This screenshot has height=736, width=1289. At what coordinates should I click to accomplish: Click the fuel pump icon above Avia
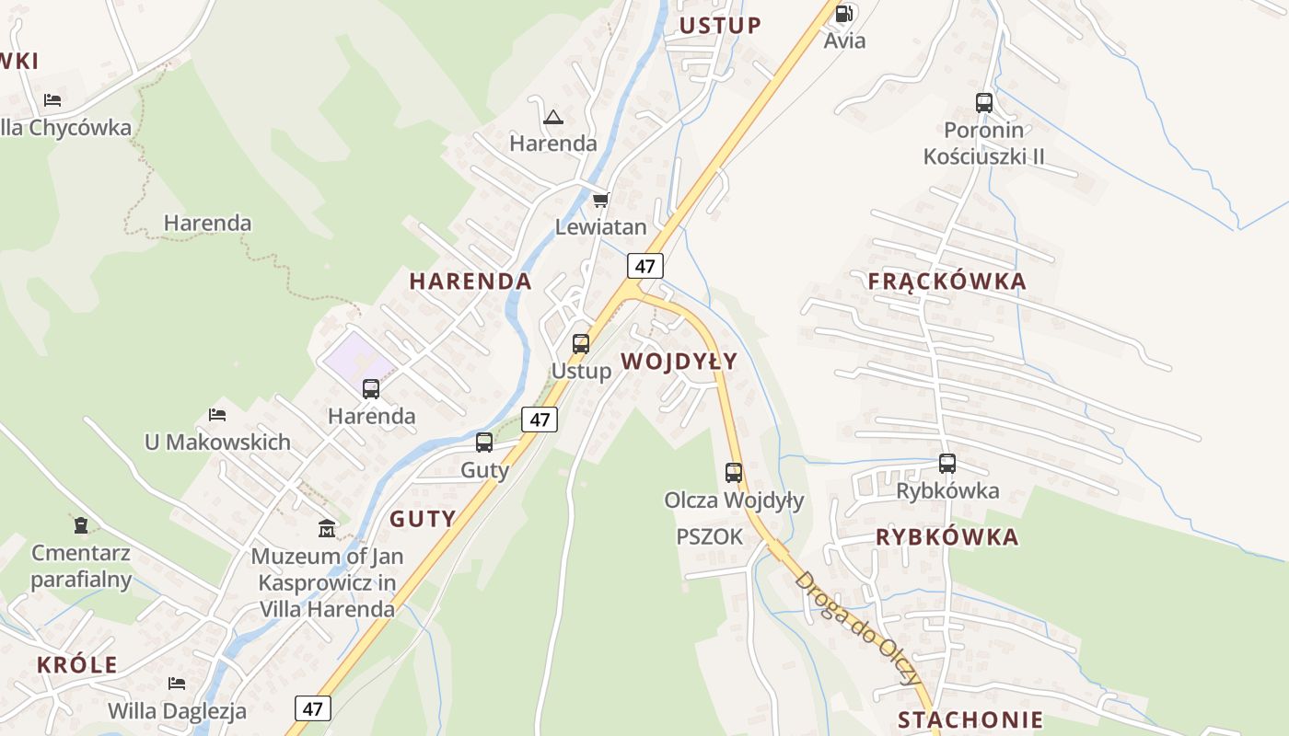pyautogui.click(x=843, y=14)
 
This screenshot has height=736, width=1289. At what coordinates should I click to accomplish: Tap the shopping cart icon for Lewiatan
pyautogui.click(x=600, y=200)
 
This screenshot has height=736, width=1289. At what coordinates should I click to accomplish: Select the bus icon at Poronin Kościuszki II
pyautogui.click(x=984, y=103)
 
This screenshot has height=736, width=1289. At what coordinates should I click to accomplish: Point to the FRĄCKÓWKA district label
pyautogui.click(x=946, y=282)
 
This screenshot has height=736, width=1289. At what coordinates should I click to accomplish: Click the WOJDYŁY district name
pyautogui.click(x=679, y=362)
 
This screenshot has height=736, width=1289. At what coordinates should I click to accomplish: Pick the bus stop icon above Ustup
pyautogui.click(x=581, y=344)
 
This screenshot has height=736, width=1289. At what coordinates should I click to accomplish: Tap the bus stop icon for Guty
pyautogui.click(x=484, y=443)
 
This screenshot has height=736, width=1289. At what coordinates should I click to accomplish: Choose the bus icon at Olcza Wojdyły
pyautogui.click(x=734, y=473)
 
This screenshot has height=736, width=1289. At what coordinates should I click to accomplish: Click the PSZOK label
pyautogui.click(x=709, y=537)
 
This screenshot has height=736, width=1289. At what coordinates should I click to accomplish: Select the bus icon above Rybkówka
pyautogui.click(x=947, y=464)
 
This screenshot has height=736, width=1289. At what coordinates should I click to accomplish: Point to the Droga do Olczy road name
pyautogui.click(x=856, y=629)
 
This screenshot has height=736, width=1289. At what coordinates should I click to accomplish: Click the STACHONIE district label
pyautogui.click(x=970, y=719)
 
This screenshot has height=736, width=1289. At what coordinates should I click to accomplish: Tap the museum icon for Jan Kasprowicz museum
pyautogui.click(x=327, y=529)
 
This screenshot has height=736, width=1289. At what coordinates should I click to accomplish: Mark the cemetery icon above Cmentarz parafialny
pyautogui.click(x=81, y=525)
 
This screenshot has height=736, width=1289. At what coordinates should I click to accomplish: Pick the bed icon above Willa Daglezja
pyautogui.click(x=177, y=683)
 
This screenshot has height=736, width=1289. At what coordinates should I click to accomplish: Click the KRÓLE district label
pyautogui.click(x=77, y=664)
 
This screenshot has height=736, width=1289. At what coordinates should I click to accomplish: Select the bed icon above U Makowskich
pyautogui.click(x=217, y=415)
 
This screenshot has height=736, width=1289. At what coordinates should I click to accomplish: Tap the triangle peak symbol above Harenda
pyautogui.click(x=552, y=117)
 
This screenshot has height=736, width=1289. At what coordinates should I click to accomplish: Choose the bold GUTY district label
pyautogui.click(x=423, y=519)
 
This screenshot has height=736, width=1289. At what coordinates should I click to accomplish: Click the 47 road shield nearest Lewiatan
pyautogui.click(x=645, y=267)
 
